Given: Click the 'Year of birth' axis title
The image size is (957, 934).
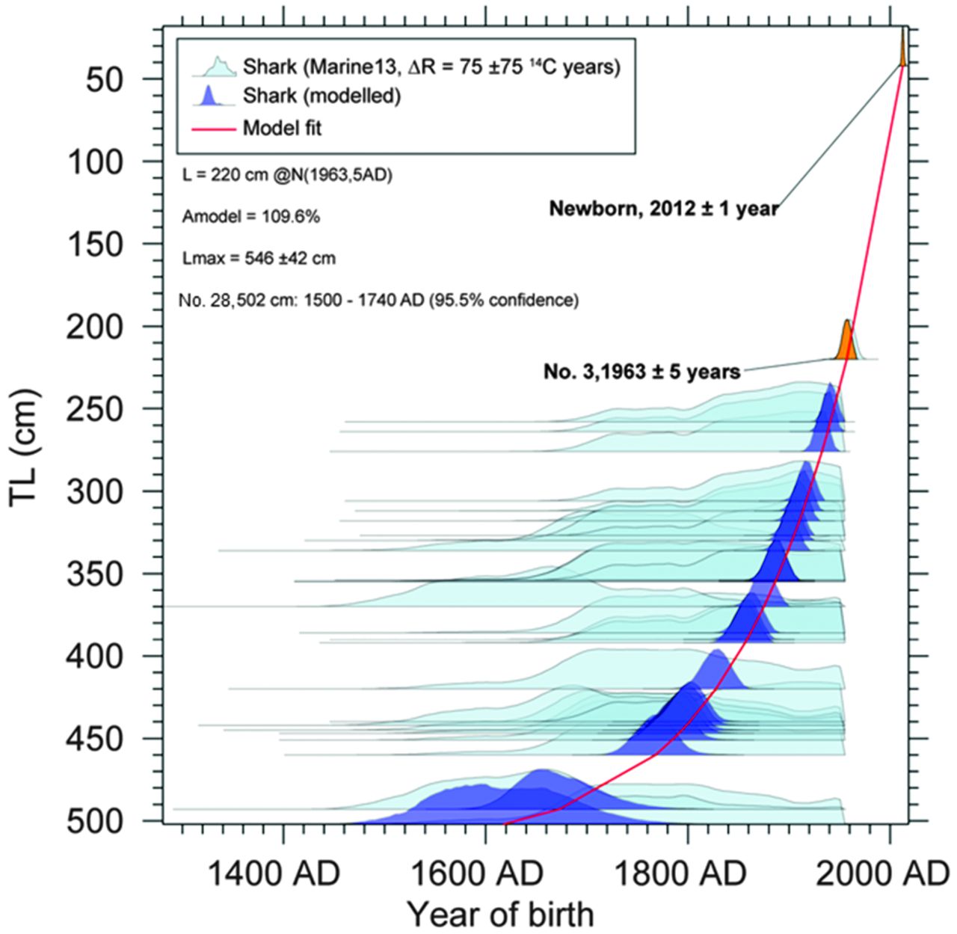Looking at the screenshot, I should click(x=500, y=914).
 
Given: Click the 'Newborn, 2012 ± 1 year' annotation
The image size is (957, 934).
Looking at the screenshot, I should click(x=663, y=209).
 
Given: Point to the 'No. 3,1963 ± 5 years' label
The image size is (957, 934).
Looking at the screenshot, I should click(x=641, y=370).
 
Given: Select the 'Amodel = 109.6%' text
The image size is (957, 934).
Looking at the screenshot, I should click(x=251, y=217).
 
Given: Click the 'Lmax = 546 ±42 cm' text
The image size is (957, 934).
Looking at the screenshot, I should click(x=259, y=259).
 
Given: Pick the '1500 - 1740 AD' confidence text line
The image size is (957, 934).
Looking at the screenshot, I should click(x=379, y=301).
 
